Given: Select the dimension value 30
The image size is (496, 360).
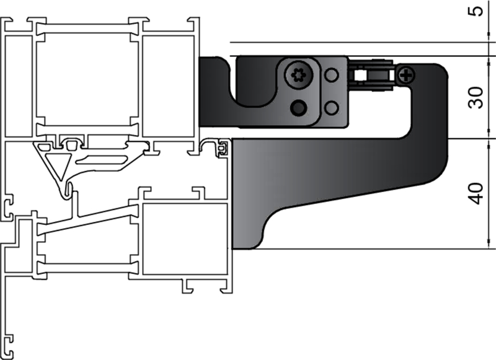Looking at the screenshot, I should coord(476,96).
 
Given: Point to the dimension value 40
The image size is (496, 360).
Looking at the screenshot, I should coord(476,193).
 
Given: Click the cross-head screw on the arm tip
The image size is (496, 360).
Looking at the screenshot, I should coord(407,76).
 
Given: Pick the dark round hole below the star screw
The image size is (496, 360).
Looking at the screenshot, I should coord(299,107).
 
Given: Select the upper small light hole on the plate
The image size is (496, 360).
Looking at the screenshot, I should coord(332,76).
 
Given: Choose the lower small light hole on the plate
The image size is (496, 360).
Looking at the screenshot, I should coord(332,107).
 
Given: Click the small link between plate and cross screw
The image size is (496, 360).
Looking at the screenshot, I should coord(370,76).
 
